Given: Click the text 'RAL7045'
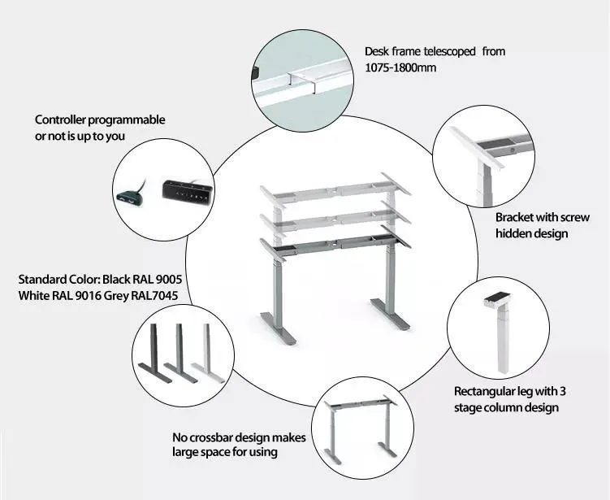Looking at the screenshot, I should click(154, 297).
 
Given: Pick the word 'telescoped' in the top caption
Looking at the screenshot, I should click(449, 51).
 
